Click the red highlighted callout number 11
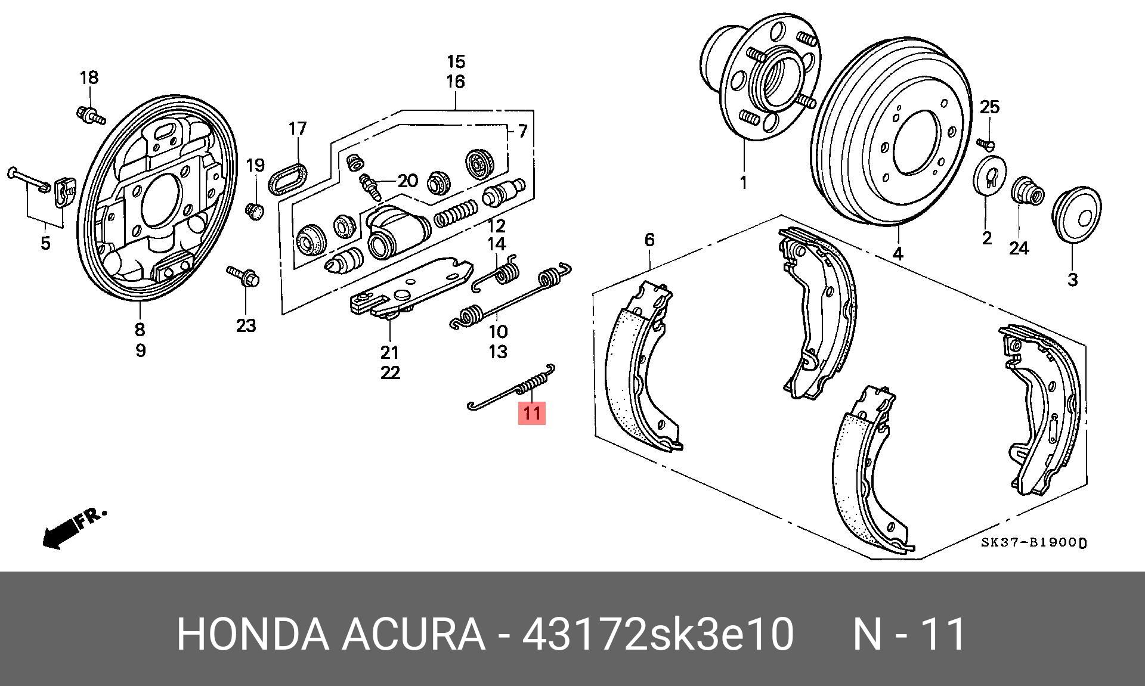click(532, 413)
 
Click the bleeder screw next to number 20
click(370, 185)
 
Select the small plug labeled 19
click(255, 210)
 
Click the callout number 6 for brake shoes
click(649, 240)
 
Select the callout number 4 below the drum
click(898, 253)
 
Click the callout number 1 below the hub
click(743, 182)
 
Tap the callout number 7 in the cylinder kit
click(522, 131)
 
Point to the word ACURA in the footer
click(413, 634)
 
